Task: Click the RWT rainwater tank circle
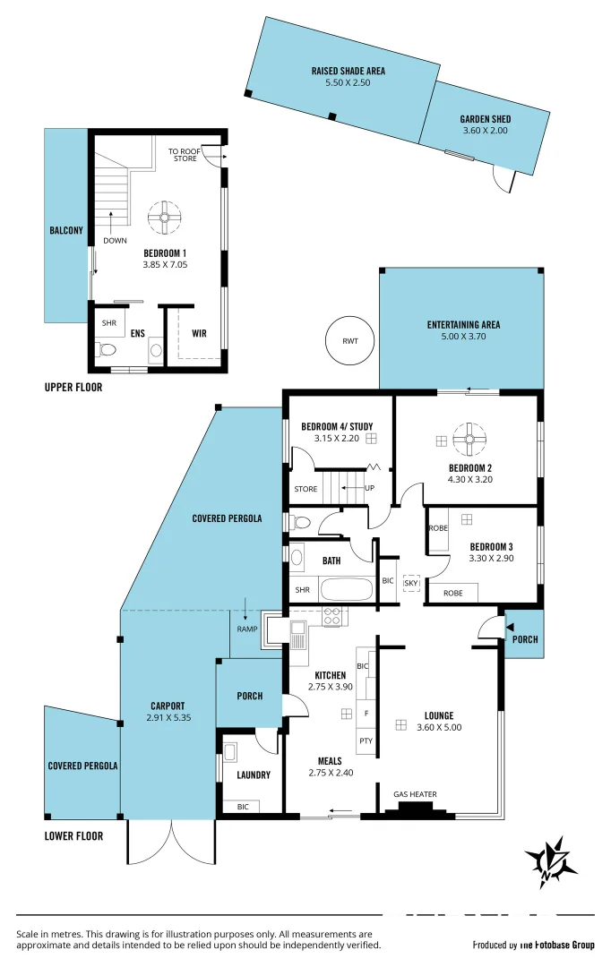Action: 349,340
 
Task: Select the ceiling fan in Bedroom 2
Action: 469,440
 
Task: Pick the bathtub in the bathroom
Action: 346,590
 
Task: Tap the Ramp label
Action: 246,629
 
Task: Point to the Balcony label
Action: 66,230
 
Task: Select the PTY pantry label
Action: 366,740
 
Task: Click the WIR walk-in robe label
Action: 199,334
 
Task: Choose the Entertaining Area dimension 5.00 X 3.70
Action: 463,337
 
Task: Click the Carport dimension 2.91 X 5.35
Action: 168,717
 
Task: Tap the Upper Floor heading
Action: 73,388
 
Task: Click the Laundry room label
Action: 254,774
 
